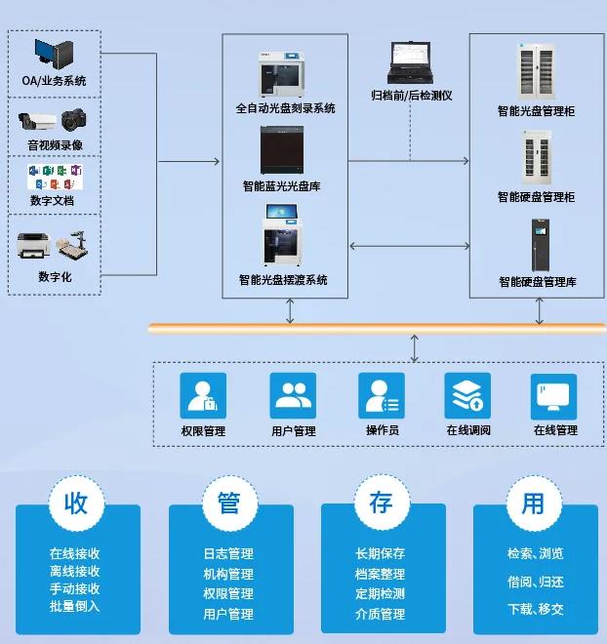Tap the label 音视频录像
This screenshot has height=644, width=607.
click(x=55, y=145)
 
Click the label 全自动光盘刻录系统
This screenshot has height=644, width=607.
click(x=285, y=108)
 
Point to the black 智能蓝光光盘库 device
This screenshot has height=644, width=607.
click(x=285, y=150)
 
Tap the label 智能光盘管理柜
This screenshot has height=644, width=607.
click(x=536, y=111)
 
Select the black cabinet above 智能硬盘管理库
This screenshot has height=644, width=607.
click(x=538, y=245)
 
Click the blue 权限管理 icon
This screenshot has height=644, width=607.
click(x=203, y=395)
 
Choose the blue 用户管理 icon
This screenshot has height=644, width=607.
click(x=293, y=395)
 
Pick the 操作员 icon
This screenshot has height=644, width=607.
click(x=382, y=395)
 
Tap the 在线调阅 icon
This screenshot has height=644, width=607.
click(x=467, y=395)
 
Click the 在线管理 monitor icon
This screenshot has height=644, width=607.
click(x=554, y=395)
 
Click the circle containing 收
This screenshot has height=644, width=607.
click(x=76, y=503)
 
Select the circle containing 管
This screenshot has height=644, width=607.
click(x=228, y=503)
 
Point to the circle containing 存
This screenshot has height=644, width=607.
click(x=381, y=503)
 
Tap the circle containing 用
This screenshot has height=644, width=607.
click(x=533, y=503)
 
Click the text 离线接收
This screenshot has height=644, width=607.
click(x=75, y=572)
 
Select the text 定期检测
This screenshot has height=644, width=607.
click(x=381, y=593)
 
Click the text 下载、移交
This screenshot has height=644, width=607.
click(x=535, y=609)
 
